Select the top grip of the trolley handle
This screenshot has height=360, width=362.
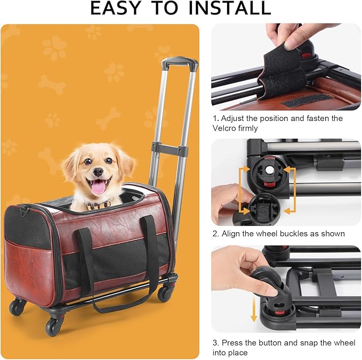click(x=180, y=64)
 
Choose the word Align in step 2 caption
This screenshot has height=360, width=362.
click(x=232, y=233)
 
